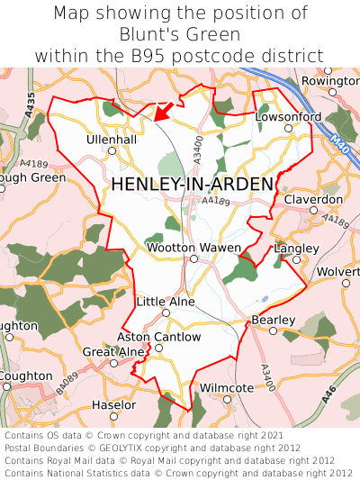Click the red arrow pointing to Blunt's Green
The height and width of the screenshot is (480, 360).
coord(162,111)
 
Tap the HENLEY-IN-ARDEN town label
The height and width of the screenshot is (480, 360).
coord(192,184)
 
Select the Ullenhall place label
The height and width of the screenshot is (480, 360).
coord(112,140)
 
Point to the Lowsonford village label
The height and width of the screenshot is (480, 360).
coord(288,117)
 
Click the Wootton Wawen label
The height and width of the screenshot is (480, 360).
coord(193,248)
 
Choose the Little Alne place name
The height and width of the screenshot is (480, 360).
coord(165,302)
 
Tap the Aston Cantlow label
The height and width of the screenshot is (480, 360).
coord(159,337)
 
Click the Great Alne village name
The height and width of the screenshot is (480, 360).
coord(112,351)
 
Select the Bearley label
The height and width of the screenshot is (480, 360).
coord(273,320)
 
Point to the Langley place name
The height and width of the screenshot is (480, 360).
coord(296,248)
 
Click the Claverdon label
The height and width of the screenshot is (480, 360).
coord(313,199)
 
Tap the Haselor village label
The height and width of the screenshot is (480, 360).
coord(114,405)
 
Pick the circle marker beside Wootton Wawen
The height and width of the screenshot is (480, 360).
coord(193,259)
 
